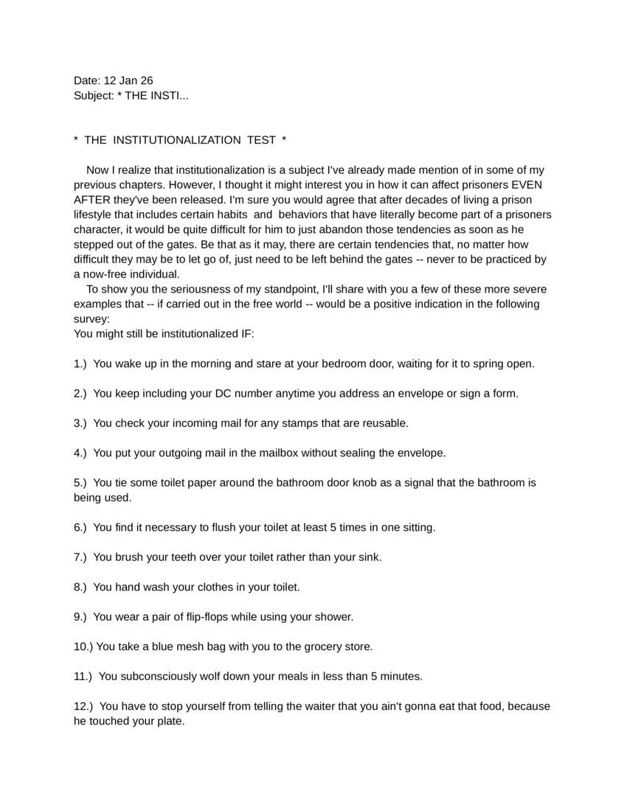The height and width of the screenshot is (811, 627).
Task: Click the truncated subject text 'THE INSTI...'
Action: (x=156, y=96)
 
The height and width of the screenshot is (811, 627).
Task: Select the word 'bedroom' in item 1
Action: (x=338, y=363)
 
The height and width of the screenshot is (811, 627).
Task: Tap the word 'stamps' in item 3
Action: (x=294, y=423)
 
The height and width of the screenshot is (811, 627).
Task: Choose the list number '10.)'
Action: (x=83, y=647)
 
